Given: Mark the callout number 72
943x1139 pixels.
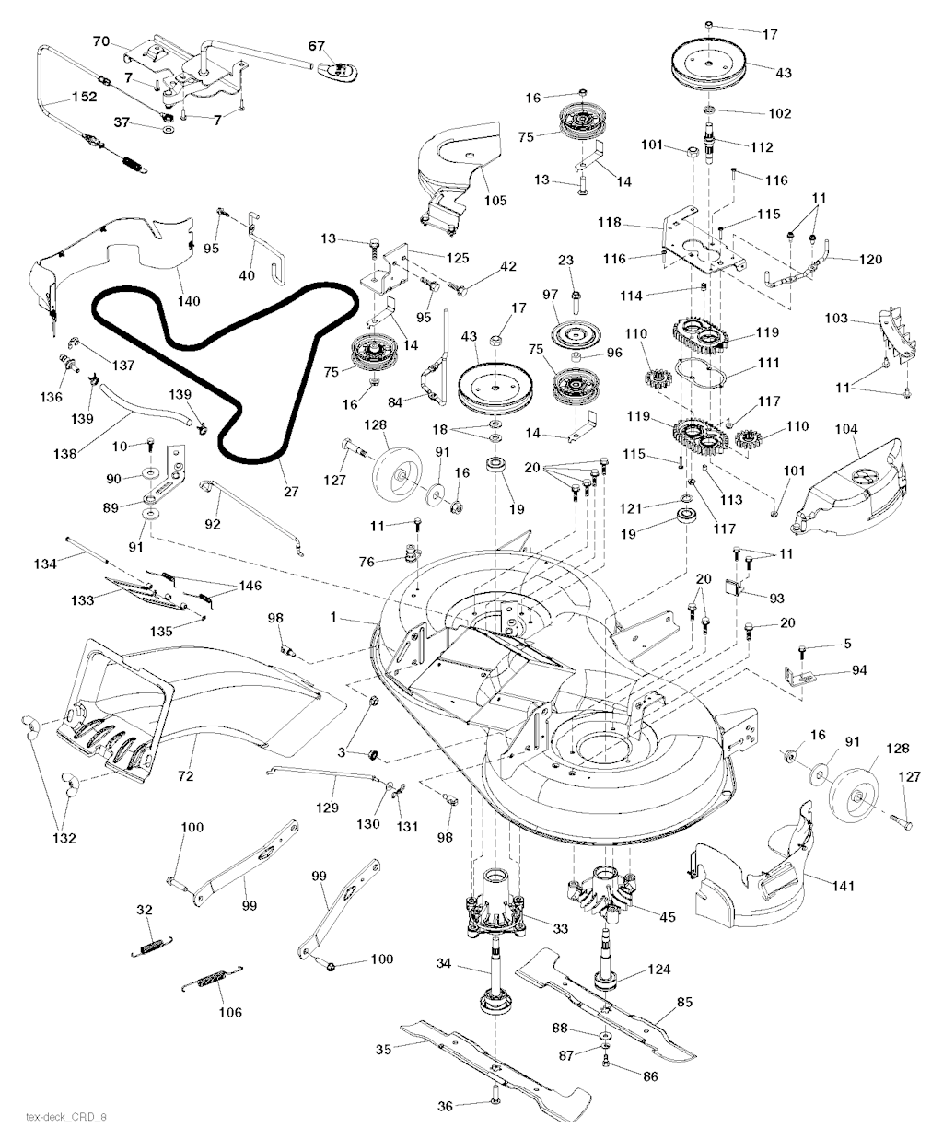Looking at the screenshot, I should pos(185,777).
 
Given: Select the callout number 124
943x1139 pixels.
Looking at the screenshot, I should pos(658,970).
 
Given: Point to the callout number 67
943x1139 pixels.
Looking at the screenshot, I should pos(317,45).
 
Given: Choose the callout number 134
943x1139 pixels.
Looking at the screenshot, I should pos(45,563).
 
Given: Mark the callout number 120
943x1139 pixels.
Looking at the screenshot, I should pos(868,260).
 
